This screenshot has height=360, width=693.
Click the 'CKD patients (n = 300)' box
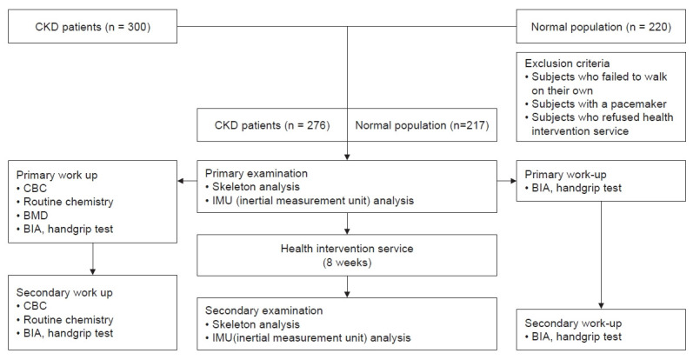click(92, 27)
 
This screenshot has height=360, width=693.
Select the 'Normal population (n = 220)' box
click(601, 27)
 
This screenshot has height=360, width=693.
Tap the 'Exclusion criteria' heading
click(567, 63)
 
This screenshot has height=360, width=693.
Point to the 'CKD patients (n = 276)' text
click(272, 125)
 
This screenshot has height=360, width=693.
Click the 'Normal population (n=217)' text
click(422, 125)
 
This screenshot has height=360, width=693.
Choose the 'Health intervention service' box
click(347, 255)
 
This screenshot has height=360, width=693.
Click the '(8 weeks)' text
click(347, 263)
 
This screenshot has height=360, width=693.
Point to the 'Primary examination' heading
click(257, 173)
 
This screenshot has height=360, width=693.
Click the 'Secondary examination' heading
click(263, 310)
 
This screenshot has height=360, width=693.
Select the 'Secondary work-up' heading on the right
click(573, 323)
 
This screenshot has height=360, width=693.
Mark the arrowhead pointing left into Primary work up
click(180, 181)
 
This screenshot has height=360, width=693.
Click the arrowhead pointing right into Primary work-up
click(513, 181)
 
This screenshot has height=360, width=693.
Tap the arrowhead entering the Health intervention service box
click(347, 231)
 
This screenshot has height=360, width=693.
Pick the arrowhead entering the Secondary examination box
click(347, 294)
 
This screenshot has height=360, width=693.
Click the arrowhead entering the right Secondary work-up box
click(601, 305)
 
